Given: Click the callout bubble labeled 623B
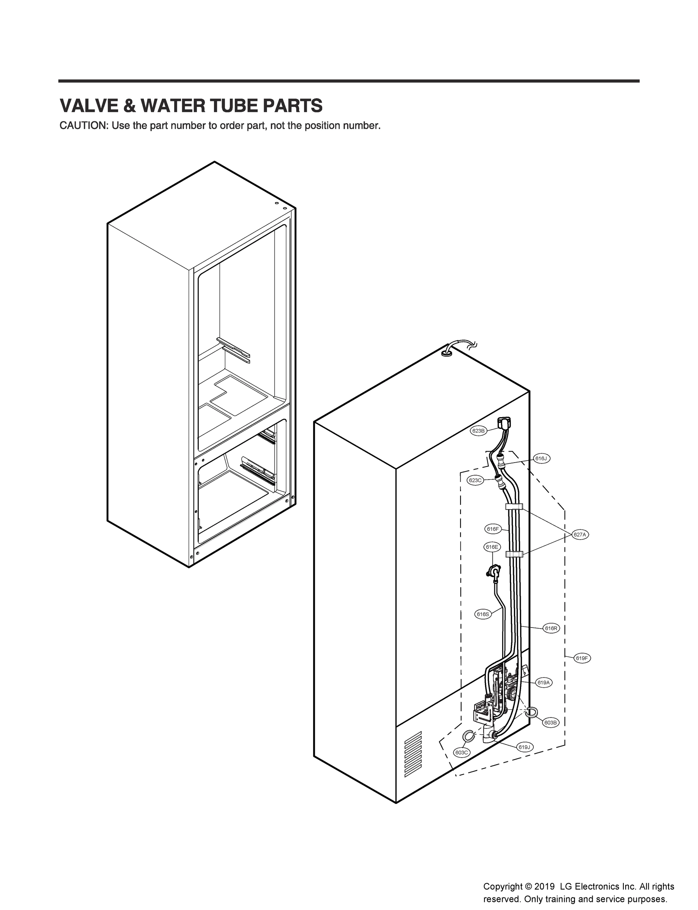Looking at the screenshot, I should coord(478,431).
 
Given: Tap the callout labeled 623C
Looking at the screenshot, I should coord(475,480).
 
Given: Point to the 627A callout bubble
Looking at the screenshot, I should coord(579,535).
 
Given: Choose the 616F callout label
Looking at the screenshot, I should coord(492,529).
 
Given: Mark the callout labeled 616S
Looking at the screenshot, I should coord(483,614).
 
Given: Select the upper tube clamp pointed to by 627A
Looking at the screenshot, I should coord(514,507).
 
